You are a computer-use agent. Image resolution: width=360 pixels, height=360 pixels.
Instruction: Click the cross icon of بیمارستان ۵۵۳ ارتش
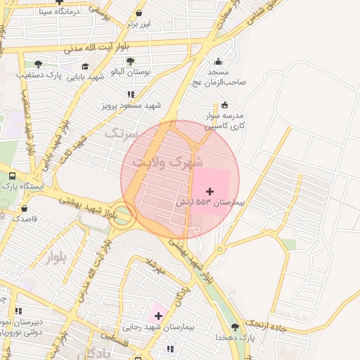[210, 191]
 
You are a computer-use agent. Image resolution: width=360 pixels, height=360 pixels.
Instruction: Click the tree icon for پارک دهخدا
[235, 327]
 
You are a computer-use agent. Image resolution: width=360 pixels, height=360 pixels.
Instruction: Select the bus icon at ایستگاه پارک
[13, 176]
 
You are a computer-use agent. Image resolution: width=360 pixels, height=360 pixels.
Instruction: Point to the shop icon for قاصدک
[25, 209]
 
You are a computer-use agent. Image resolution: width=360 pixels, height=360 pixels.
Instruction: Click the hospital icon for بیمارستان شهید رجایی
[158, 316]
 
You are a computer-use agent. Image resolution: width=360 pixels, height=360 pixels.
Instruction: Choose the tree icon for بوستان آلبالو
[131, 61]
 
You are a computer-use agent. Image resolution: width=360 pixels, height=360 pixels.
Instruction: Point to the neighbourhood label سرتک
[118, 131]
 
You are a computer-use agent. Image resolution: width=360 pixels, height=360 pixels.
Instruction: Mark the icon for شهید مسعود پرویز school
[131, 94]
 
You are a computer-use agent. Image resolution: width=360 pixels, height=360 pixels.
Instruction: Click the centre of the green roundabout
[124, 217]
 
